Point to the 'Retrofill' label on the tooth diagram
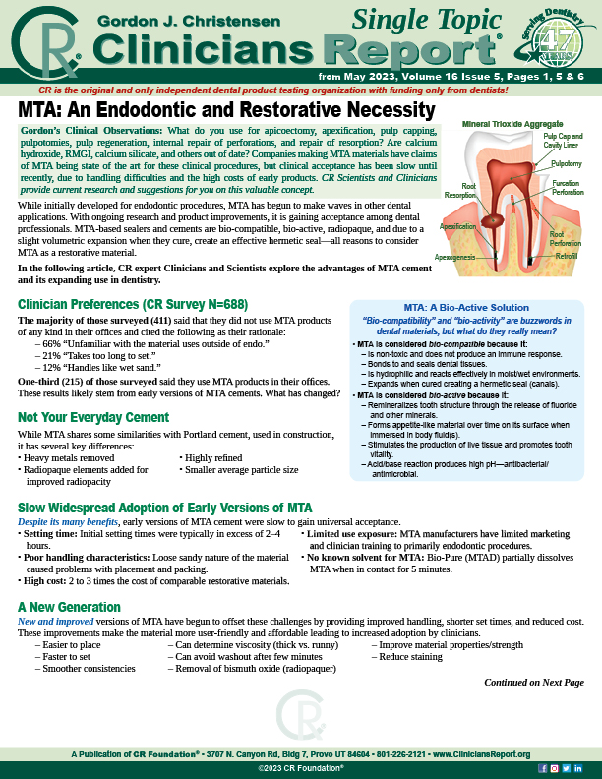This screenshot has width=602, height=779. [565, 256]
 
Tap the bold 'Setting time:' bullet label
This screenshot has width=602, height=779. [57, 532]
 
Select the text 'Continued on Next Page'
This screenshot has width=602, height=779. [534, 682]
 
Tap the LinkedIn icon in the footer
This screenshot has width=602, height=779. [577, 766]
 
